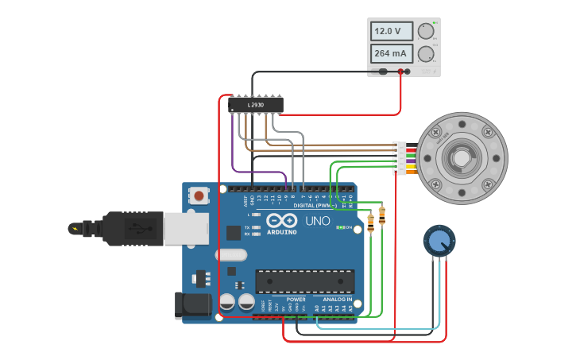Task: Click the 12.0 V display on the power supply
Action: tap(392, 31)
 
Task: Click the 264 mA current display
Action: tap(392, 54)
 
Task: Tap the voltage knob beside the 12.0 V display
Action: tap(426, 31)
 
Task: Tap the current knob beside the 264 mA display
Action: tap(426, 54)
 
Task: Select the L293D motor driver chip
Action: tap(256, 104)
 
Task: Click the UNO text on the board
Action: tap(318, 220)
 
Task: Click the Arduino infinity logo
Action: tap(281, 220)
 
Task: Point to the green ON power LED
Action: tap(339, 227)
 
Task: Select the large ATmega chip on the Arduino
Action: tap(304, 281)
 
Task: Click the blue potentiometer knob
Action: tap(439, 240)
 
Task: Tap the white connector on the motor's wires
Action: tap(400, 158)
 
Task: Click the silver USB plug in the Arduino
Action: tap(186, 228)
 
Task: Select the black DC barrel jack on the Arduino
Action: tap(192, 304)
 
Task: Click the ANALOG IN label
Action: tap(337, 299)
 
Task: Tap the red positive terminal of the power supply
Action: tap(400, 72)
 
